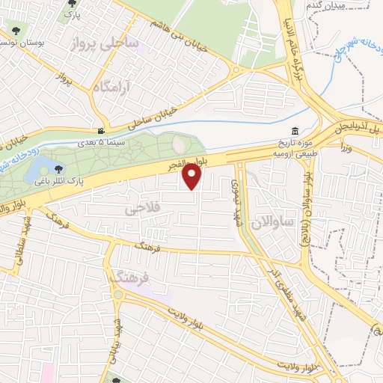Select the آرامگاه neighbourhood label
pos(112,88)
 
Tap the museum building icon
pos(295,132)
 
